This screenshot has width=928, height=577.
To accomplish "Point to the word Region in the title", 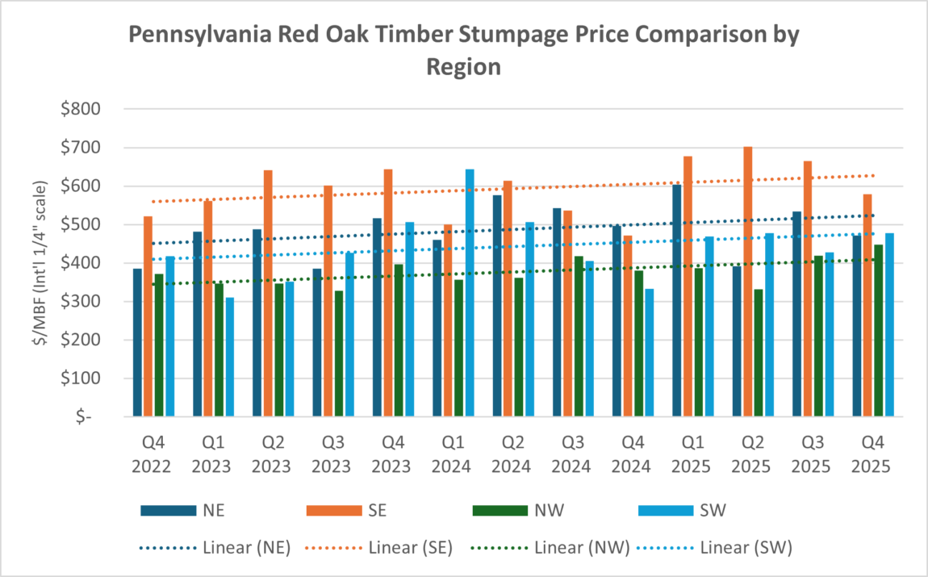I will [x=463, y=66].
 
